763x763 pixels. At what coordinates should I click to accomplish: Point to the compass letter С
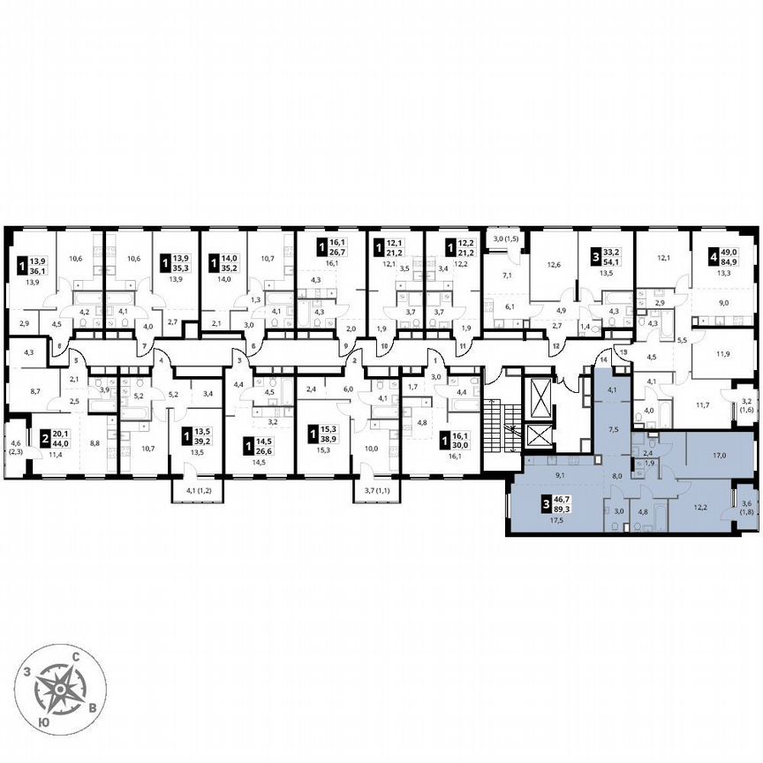click(x=79, y=656)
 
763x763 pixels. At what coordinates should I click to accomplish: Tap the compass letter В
click(x=94, y=709)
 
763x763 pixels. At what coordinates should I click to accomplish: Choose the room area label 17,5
click(x=557, y=521)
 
